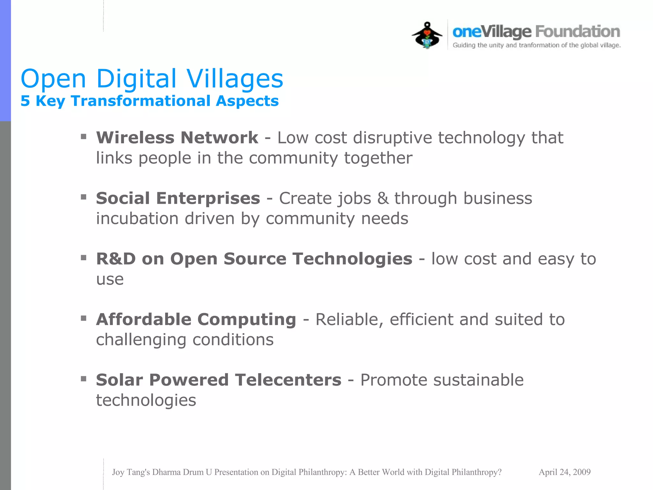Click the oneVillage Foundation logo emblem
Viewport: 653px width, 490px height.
pyautogui.click(x=427, y=35)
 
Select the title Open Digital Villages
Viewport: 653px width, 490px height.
pyautogui.click(x=152, y=78)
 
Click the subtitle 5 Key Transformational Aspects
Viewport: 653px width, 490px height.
pyautogui.click(x=150, y=101)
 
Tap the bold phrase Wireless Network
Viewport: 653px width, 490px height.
pyautogui.click(x=177, y=138)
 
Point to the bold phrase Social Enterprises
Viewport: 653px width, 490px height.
pyautogui.click(x=178, y=198)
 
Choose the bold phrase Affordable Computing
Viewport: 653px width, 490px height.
pyautogui.click(x=196, y=319)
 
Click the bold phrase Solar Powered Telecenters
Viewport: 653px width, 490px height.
pyautogui.click(x=219, y=380)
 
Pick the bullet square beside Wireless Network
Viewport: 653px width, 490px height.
pyautogui.click(x=84, y=137)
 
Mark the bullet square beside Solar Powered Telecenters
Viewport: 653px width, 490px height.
pyautogui.click(x=84, y=379)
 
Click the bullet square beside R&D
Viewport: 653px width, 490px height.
pyautogui.click(x=84, y=258)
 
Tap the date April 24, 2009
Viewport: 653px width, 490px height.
pyautogui.click(x=564, y=472)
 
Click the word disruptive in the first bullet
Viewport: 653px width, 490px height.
pyautogui.click(x=393, y=138)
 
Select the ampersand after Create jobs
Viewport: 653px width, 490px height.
pyautogui.click(x=383, y=198)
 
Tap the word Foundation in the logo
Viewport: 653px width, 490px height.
pyautogui.click(x=577, y=32)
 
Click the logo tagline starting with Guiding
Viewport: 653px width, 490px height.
pyautogui.click(x=537, y=45)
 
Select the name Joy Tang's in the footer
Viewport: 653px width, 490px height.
pyautogui.click(x=131, y=472)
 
